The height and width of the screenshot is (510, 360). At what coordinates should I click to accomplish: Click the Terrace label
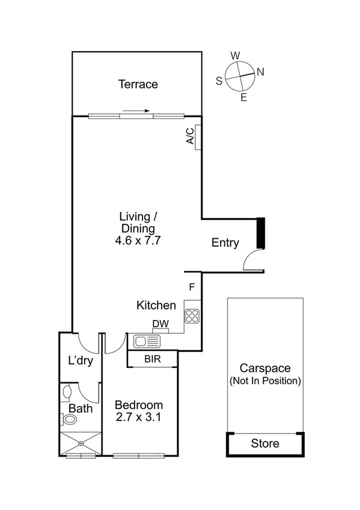point(138,84)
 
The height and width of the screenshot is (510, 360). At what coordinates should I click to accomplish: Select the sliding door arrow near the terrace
point(136,111)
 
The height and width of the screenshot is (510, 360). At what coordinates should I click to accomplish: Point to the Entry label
point(225,243)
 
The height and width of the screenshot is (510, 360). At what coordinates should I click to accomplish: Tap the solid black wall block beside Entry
point(260,233)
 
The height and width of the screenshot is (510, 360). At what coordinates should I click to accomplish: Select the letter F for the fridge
point(192,287)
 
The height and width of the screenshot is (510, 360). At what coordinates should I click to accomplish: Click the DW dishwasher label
point(160,325)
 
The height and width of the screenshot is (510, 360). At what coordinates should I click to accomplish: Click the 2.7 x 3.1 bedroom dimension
point(138,416)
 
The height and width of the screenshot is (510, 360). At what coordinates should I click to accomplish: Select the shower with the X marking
point(79,444)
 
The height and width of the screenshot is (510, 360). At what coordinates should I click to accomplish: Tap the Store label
point(265,444)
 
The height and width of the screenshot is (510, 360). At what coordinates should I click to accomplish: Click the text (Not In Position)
point(265,381)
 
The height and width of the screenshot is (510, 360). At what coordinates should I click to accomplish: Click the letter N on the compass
point(260,72)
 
